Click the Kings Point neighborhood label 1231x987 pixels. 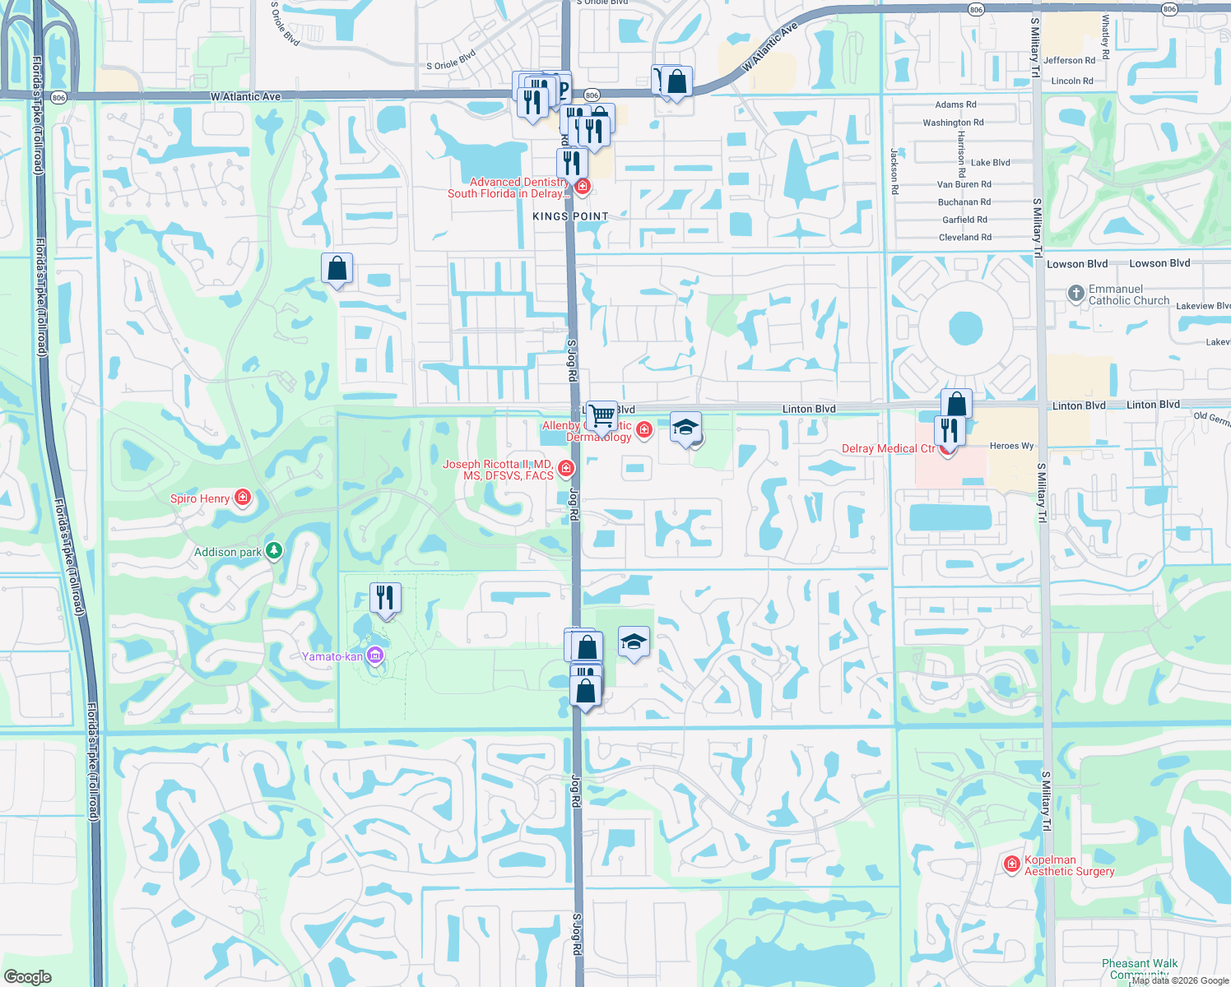570,216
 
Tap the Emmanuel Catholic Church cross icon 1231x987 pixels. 1075,294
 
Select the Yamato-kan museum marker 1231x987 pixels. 375,656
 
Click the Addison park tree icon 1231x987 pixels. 274,551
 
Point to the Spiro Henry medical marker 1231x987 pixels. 242,498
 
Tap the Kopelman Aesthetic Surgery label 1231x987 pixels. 1069,865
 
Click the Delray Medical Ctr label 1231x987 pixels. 888,448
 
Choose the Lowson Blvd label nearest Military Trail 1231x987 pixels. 1077,264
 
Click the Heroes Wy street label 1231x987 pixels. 1011,446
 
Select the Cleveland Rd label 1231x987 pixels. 965,237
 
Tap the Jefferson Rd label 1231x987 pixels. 1069,60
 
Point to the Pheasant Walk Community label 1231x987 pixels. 1140,969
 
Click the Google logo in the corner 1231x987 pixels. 27,976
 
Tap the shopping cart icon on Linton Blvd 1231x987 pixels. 602,415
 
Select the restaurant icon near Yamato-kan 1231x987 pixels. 385,598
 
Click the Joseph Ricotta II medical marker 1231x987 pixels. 566,468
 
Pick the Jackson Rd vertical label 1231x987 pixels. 894,170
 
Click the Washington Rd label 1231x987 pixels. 953,123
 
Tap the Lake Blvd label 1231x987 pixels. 990,162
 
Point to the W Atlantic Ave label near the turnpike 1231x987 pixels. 245,96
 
